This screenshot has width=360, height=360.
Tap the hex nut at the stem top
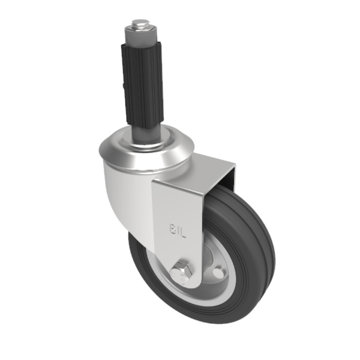(x=139, y=31)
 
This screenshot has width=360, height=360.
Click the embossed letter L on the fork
(x=184, y=231)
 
